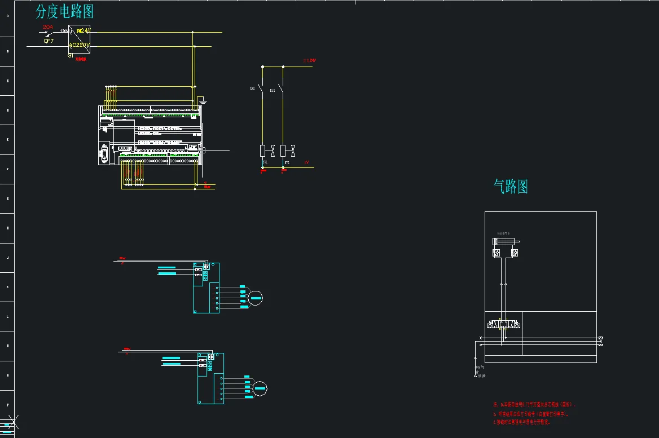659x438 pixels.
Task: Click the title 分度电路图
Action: [x=64, y=11]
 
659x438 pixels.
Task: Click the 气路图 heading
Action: [x=511, y=187]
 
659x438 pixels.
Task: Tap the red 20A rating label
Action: [x=48, y=27]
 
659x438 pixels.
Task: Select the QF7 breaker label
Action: [x=49, y=41]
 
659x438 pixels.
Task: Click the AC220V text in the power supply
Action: [x=80, y=45]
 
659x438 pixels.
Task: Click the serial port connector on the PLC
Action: [x=104, y=154]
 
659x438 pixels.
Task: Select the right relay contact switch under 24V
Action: [x=283, y=89]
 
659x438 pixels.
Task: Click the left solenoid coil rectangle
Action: [x=262, y=151]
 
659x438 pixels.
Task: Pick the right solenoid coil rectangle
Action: [x=283, y=151]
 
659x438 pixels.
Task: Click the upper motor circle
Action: [x=256, y=298]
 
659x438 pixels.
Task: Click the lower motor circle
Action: [x=260, y=387]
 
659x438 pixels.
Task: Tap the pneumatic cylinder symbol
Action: [x=506, y=242]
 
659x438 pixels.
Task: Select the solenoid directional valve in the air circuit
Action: [x=504, y=325]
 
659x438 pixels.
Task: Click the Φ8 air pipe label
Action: [x=480, y=367]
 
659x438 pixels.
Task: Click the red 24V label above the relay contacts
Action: [x=309, y=60]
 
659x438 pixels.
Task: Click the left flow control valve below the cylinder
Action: [x=497, y=254]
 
